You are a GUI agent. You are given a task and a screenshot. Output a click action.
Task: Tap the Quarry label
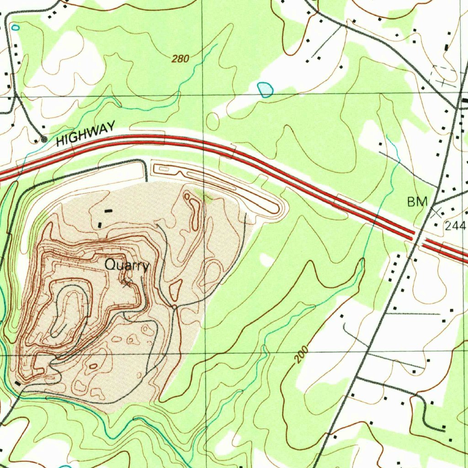[126, 265]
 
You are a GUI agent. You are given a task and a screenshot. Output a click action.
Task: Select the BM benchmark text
[417, 202]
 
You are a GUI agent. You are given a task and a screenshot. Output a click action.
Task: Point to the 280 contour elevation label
[181, 58]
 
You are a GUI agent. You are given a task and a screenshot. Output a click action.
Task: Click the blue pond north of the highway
[265, 90]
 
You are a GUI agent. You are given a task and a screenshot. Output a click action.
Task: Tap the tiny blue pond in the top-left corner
[16, 28]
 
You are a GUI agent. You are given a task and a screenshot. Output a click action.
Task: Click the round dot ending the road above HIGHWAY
[44, 139]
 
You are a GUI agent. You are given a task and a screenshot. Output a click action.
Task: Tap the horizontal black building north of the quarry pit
[108, 211]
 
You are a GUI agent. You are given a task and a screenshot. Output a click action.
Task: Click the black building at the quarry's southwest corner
[17, 383]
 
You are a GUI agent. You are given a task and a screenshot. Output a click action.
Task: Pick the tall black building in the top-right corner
[447, 47]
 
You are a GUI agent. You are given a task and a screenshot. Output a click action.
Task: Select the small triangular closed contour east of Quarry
[175, 289]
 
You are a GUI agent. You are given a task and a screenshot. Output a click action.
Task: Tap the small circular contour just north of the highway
[213, 122]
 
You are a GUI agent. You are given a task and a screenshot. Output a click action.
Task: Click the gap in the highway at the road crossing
[418, 239]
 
